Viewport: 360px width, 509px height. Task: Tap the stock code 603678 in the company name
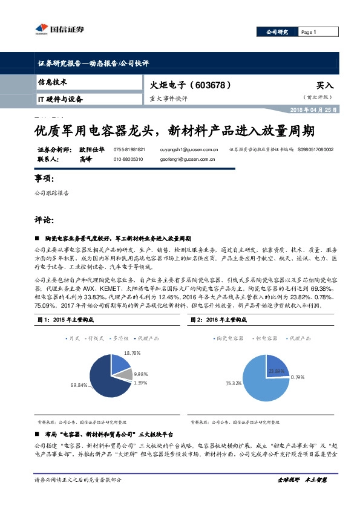pos(212,86)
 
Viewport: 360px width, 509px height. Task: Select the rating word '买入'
pos(325,86)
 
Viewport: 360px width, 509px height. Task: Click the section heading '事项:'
pos(45,178)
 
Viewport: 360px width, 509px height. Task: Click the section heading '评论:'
pos(45,218)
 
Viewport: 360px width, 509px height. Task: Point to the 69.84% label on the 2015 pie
pos(79,384)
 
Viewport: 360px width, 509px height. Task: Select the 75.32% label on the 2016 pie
pos(234,383)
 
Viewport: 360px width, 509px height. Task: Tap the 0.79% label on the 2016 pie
pos(297,377)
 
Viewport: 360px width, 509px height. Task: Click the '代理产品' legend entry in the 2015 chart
pos(141,338)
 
